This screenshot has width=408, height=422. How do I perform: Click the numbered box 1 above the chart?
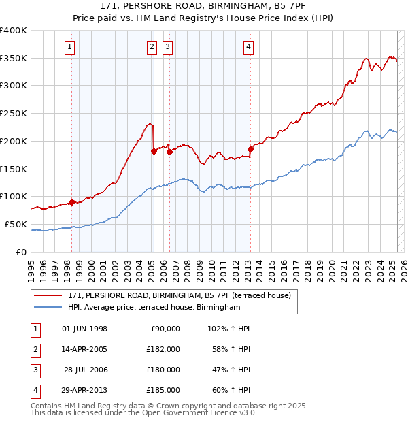pos(71,47)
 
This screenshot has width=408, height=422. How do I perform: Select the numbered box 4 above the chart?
pos(249,47)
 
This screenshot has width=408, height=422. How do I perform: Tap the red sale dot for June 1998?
pos(71,202)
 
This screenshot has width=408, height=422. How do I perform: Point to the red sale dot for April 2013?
pos(250,149)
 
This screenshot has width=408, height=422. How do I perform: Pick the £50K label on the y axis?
pos(16,224)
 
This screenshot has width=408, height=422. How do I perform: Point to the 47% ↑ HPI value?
pos(228,370)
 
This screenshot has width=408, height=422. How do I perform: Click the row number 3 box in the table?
pos(34,370)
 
